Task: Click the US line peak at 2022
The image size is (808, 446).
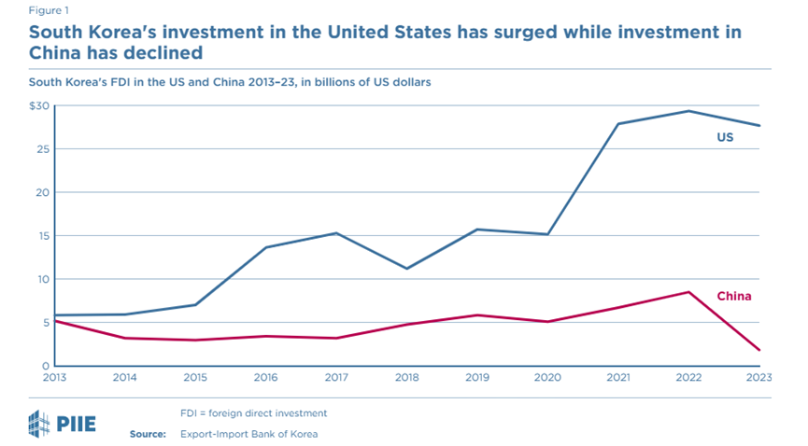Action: [688, 111]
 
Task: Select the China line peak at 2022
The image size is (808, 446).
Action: [688, 292]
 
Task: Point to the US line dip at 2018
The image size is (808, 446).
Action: [407, 269]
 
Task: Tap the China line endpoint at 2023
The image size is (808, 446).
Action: [759, 350]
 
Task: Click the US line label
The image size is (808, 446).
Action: [725, 137]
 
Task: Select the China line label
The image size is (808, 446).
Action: [734, 296]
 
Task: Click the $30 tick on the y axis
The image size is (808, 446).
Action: [39, 105]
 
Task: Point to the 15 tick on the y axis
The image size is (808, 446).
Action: [44, 236]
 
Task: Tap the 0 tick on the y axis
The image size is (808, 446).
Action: [47, 366]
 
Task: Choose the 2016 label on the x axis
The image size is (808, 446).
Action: [266, 378]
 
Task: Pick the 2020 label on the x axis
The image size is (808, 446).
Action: [547, 378]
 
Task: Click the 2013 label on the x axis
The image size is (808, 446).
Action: [54, 378]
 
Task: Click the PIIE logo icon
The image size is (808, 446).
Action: [39, 424]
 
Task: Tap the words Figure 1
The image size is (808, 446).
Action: [49, 10]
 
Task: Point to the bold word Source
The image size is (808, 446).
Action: [148, 434]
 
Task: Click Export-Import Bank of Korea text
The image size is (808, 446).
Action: [248, 434]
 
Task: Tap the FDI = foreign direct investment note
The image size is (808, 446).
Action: [253, 413]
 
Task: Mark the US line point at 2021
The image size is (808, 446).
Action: [617, 123]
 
